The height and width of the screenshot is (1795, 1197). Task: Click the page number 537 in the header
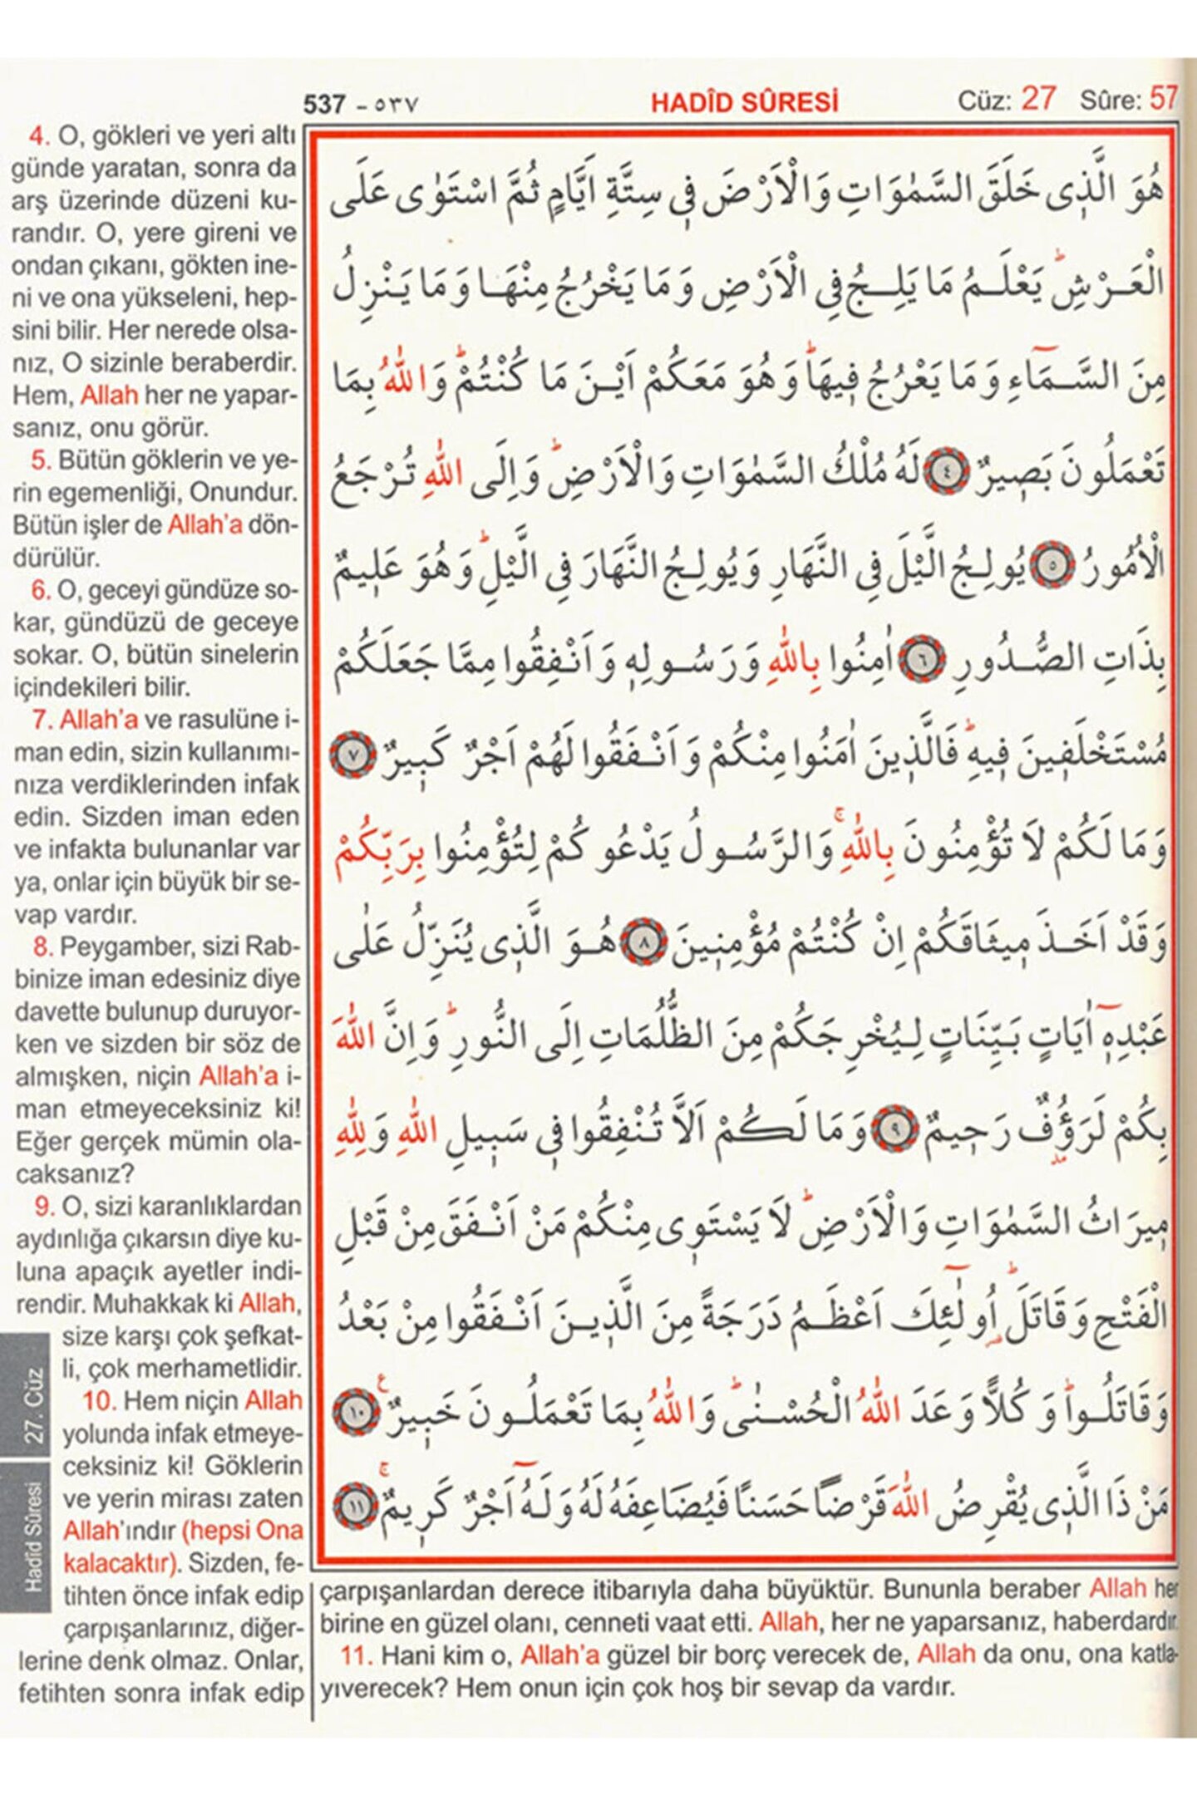coord(324,104)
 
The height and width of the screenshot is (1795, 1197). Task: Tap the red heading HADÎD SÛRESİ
coord(744,102)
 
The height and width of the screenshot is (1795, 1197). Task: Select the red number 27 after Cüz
coord(1038,98)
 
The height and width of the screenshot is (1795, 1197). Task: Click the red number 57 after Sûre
coord(1164,99)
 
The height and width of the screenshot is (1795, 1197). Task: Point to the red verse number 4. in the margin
coord(39,135)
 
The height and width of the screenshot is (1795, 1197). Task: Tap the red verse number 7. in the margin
coord(42,720)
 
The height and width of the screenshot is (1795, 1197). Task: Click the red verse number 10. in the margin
coord(98,1401)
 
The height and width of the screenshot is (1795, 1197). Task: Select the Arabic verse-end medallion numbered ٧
coord(353,755)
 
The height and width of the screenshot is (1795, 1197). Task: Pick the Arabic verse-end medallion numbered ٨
coord(646,942)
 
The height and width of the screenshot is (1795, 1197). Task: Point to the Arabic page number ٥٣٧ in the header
coord(396,106)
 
